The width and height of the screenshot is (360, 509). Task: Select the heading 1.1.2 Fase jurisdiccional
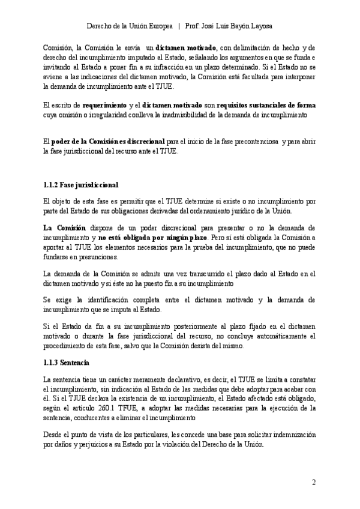tap(81, 184)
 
